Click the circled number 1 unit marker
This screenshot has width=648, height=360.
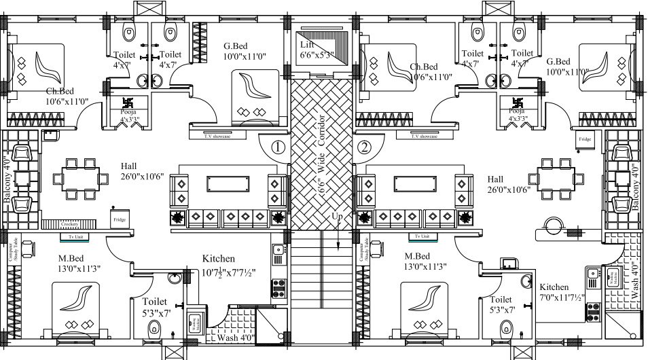(277, 146)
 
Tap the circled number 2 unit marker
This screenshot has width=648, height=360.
(365, 146)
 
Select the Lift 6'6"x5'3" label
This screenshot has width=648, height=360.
(317, 50)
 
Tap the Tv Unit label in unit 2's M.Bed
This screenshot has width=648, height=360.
(422, 236)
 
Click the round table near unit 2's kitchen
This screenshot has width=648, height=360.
(553, 225)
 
